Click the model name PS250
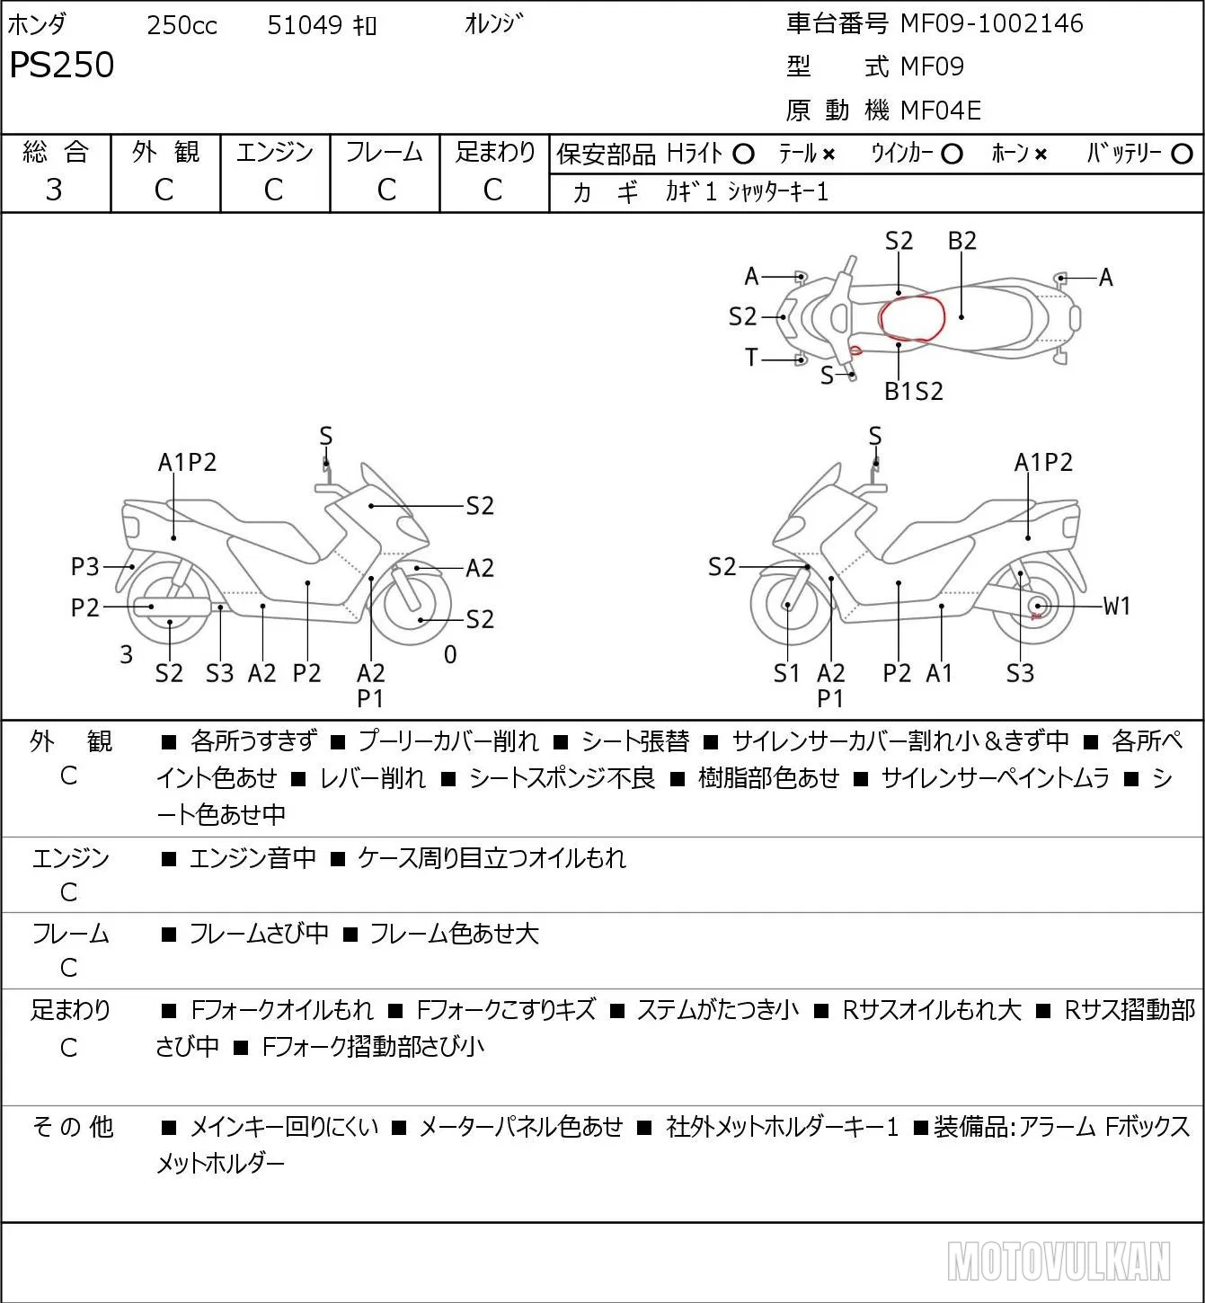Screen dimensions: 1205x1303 click(62, 65)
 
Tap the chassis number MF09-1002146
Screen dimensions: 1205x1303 click(991, 23)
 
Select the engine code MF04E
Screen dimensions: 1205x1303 click(941, 111)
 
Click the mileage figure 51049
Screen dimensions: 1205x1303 click(305, 25)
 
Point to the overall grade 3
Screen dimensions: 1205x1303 click(54, 190)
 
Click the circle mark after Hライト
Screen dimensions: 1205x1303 click(743, 155)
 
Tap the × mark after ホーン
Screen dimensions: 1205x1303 click(1041, 155)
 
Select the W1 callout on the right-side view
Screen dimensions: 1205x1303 click(1116, 607)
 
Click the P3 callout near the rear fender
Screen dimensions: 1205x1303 click(84, 566)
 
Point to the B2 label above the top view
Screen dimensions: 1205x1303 click(962, 241)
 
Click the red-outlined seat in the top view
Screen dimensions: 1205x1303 click(912, 318)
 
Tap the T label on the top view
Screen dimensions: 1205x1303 click(751, 358)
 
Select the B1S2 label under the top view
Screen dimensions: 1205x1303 click(914, 392)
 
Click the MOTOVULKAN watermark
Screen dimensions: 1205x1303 click(1059, 1261)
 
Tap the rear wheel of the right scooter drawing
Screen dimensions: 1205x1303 click(1033, 604)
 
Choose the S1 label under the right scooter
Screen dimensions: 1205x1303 click(786, 673)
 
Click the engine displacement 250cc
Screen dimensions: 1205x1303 click(182, 25)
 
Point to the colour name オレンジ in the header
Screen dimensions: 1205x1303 click(493, 23)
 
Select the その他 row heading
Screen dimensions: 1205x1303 click(73, 1127)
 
